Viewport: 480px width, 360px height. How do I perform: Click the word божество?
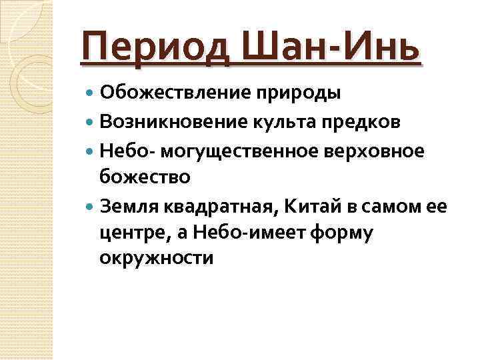pos(145,177)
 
